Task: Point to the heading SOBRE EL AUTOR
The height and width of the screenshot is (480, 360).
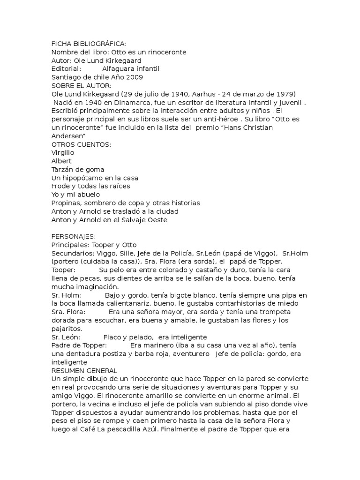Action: [81, 86]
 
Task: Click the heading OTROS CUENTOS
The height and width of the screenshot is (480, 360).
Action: [81, 144]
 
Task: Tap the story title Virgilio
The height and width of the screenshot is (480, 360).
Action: [63, 153]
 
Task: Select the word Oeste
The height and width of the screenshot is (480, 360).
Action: [156, 220]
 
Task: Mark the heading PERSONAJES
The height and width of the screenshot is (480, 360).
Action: [73, 237]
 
